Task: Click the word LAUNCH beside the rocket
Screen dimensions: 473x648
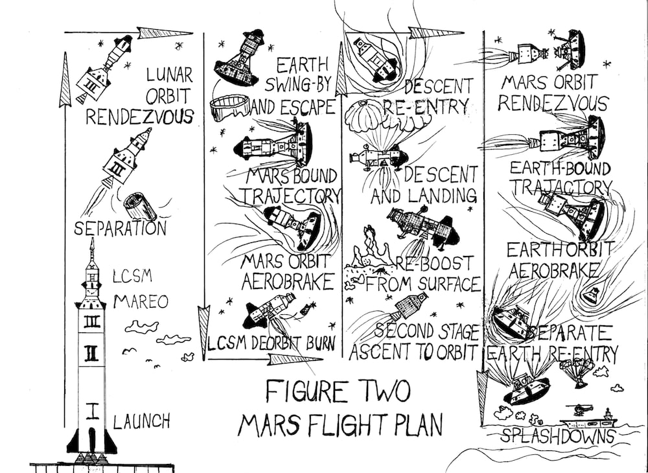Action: tap(142, 422)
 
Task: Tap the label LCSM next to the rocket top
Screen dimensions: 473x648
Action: tap(132, 276)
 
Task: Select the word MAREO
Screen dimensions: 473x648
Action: tap(141, 302)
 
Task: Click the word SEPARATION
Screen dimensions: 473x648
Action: tap(121, 228)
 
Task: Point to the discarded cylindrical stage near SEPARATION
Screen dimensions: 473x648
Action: tap(141, 205)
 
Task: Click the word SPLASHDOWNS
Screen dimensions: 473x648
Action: tap(557, 436)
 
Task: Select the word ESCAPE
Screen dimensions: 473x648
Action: tap(305, 106)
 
